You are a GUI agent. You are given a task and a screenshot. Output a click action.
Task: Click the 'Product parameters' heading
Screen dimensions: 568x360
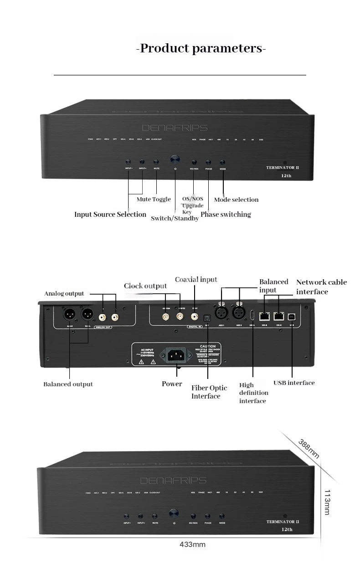pos(201,49)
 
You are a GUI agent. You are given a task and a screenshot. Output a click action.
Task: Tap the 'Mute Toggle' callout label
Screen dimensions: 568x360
pos(154,200)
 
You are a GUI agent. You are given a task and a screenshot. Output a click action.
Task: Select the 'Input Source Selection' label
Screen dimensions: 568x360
pos(110,215)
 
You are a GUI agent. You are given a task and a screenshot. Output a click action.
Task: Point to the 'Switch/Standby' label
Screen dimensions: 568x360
pos(175,219)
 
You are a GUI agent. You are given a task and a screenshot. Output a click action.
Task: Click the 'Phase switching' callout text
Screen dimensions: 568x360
pos(226,215)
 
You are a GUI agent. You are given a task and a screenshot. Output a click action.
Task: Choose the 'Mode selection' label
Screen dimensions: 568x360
pos(236,200)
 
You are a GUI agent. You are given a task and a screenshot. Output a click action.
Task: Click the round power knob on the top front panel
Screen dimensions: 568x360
pos(175,160)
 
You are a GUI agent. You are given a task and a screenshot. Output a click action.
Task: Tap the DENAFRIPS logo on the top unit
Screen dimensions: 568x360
pos(175,128)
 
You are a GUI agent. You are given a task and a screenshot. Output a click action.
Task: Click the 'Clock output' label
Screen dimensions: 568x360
pos(145,286)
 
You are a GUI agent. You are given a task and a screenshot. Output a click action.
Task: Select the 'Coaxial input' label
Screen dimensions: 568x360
pos(196,280)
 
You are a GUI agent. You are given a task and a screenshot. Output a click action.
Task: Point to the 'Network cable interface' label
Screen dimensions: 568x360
pos(321,287)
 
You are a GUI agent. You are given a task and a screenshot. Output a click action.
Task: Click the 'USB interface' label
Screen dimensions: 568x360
pos(294,383)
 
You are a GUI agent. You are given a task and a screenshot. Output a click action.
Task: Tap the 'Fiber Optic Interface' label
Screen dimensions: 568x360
pos(209,392)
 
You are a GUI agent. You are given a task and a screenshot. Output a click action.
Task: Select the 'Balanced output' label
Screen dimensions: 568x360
pos(68,384)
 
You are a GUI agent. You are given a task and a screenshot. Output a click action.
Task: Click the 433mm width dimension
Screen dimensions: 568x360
pos(192,544)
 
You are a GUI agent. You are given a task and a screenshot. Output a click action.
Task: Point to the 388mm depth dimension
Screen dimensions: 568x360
pos(309,449)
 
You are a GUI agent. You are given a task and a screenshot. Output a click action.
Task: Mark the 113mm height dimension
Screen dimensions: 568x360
pos(327,502)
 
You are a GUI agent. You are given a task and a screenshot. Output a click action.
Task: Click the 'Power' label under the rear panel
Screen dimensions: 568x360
pos(172,384)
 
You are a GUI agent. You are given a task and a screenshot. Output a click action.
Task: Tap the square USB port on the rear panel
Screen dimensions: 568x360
pos(291,315)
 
